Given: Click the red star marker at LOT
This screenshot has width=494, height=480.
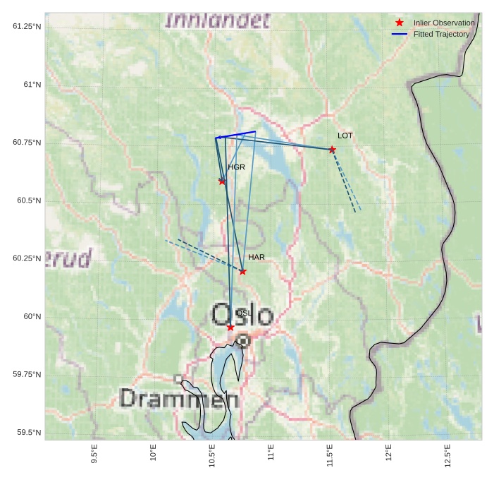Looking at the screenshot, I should tap(332, 150).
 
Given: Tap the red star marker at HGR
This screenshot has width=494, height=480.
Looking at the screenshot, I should tap(222, 181).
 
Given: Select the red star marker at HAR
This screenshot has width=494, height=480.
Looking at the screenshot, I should tap(242, 272).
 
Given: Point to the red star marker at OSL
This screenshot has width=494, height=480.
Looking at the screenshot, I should tap(230, 328).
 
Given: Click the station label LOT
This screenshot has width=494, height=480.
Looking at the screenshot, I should tap(345, 136).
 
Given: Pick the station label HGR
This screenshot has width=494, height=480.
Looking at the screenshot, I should tap(236, 167).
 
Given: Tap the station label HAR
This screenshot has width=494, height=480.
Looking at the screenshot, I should tap(257, 258).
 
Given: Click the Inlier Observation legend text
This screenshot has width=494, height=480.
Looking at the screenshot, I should tap(444, 23).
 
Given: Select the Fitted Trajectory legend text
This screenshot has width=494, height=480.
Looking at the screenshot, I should tap(441, 34).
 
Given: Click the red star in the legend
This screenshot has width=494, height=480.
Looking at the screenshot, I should tap(400, 23).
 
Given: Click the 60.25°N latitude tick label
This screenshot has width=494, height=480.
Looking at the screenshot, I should tap(27, 258).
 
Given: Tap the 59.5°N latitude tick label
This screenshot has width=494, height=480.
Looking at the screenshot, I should tap(27, 433).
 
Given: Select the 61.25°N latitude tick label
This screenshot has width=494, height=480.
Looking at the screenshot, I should tap(27, 27).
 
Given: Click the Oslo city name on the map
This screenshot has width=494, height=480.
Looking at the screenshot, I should tap(242, 315).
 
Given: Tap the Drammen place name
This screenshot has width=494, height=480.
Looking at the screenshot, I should tap(178, 398).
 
